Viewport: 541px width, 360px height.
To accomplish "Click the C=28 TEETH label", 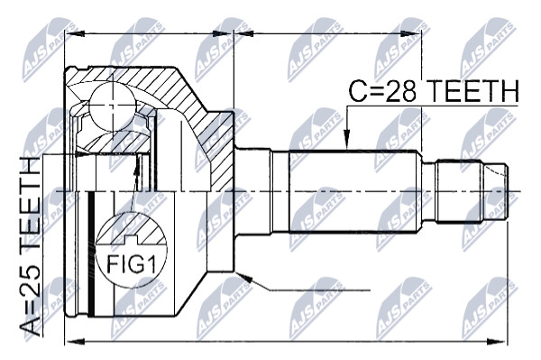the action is pos(434,91).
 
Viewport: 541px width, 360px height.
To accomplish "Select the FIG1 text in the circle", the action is pos(131,264).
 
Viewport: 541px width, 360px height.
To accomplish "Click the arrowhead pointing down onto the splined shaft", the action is pos(346,141).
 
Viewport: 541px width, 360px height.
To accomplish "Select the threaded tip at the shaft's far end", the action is pos(496,191).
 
